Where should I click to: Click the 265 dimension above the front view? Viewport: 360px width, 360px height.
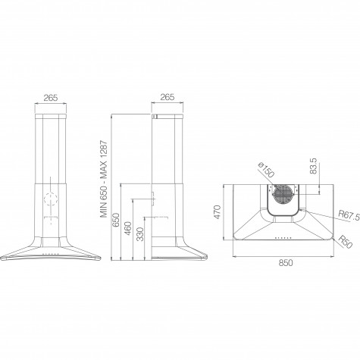pyautogui.click(x=51, y=98)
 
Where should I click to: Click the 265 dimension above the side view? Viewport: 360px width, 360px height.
pyautogui.click(x=167, y=97)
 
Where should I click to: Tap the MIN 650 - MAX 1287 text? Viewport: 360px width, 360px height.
pyautogui.click(x=104, y=179)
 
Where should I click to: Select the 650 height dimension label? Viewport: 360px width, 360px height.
pyautogui.click(x=115, y=220)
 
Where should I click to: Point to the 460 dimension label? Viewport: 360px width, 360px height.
pyautogui.click(x=128, y=228)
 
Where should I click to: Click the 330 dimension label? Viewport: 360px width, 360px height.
pyautogui.click(x=140, y=234)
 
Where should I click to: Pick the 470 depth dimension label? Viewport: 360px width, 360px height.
pyautogui.click(x=217, y=212)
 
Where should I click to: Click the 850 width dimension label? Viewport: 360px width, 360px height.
pyautogui.click(x=286, y=263)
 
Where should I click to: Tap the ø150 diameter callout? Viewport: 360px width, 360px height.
pyautogui.click(x=266, y=170)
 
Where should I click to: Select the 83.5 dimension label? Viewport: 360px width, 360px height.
pyautogui.click(x=313, y=166)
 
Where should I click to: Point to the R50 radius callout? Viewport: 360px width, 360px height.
pyautogui.click(x=345, y=242)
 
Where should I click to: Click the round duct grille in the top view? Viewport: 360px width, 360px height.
pyautogui.click(x=283, y=194)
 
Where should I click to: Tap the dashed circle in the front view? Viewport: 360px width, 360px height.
pyautogui.click(x=51, y=199)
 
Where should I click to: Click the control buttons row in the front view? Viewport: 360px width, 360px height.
pyautogui.click(x=51, y=255)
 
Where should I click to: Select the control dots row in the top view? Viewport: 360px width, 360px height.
pyautogui.click(x=283, y=238)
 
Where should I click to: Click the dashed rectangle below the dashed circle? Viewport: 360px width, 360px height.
pyautogui.click(x=51, y=218)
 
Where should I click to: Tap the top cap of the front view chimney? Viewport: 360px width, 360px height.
pyautogui.click(x=51, y=117)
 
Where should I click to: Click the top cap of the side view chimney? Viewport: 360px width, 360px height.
pyautogui.click(x=167, y=116)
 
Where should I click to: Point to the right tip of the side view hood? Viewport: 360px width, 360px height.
pyautogui.click(x=207, y=257)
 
